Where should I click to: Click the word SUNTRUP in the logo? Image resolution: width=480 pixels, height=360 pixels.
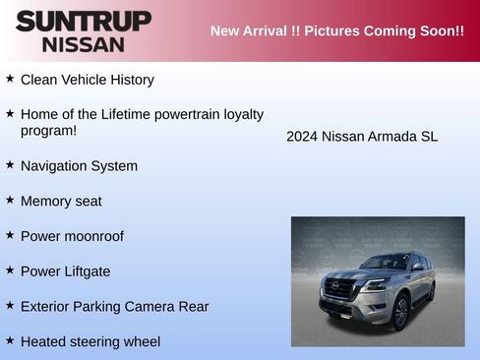click(84, 21)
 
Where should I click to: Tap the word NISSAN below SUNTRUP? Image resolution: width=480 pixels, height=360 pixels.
click(84, 43)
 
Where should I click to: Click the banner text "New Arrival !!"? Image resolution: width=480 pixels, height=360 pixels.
click(255, 30)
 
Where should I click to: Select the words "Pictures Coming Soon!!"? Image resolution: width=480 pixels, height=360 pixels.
click(384, 30)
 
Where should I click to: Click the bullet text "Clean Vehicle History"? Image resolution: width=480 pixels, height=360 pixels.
click(87, 80)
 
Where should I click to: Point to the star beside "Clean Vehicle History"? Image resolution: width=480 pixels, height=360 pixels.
click(10, 78)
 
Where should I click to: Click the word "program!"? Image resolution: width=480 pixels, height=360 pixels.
click(48, 131)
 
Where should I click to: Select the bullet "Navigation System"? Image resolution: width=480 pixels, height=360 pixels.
click(79, 166)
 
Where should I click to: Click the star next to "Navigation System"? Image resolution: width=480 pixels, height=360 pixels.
click(10, 164)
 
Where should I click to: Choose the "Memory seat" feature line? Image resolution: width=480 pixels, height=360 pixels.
click(61, 202)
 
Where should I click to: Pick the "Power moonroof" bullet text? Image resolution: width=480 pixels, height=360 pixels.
click(72, 236)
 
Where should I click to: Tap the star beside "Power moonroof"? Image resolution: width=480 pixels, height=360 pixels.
click(10, 234)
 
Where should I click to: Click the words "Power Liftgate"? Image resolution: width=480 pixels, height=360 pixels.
click(65, 271)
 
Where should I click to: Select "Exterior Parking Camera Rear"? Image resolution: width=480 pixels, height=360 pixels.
click(114, 307)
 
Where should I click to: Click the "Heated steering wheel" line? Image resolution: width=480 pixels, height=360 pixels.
click(90, 341)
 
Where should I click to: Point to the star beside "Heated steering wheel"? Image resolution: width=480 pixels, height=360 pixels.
click(10, 339)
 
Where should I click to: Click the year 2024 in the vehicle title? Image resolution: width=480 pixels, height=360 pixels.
click(302, 137)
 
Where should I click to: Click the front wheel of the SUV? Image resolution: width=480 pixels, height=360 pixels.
click(400, 314)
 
